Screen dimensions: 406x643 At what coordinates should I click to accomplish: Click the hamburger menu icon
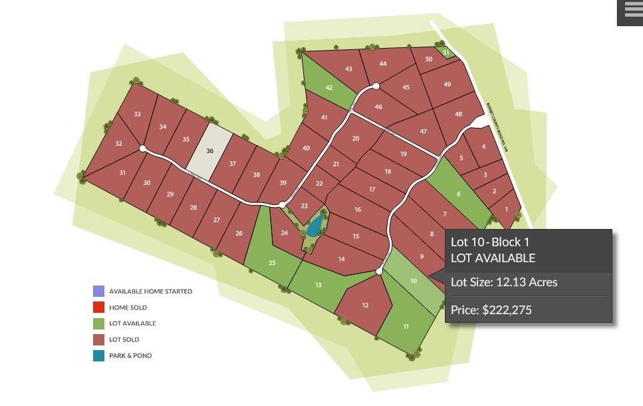pos(630,11)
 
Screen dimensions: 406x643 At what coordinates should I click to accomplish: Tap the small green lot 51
pos(446,52)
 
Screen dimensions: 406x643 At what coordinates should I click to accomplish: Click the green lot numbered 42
pos(328,87)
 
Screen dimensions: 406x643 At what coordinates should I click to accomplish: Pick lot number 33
pos(137,114)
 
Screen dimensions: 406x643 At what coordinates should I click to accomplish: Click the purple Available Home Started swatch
pos(98,292)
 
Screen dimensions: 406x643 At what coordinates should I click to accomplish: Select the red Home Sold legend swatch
pos(98,307)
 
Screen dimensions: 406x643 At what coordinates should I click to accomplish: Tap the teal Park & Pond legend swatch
pos(98,355)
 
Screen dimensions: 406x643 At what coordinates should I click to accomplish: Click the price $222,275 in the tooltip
pos(491,309)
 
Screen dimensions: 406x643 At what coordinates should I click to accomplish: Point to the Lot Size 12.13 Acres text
pos(504,282)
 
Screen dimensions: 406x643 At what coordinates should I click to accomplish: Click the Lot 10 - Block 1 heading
pos(490,242)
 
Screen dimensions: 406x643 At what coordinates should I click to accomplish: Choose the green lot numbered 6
pos(458,194)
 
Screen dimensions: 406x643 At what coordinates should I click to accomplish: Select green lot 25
pos(271,262)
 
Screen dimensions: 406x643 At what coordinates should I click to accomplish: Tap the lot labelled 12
pos(365,305)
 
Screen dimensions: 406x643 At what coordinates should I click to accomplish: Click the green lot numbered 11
pos(406,326)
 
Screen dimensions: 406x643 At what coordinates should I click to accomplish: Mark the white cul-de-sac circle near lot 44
pos(376,86)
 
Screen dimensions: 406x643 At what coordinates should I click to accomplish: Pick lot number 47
pos(423,132)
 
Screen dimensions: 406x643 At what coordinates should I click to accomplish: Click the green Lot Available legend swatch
pos(98,323)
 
